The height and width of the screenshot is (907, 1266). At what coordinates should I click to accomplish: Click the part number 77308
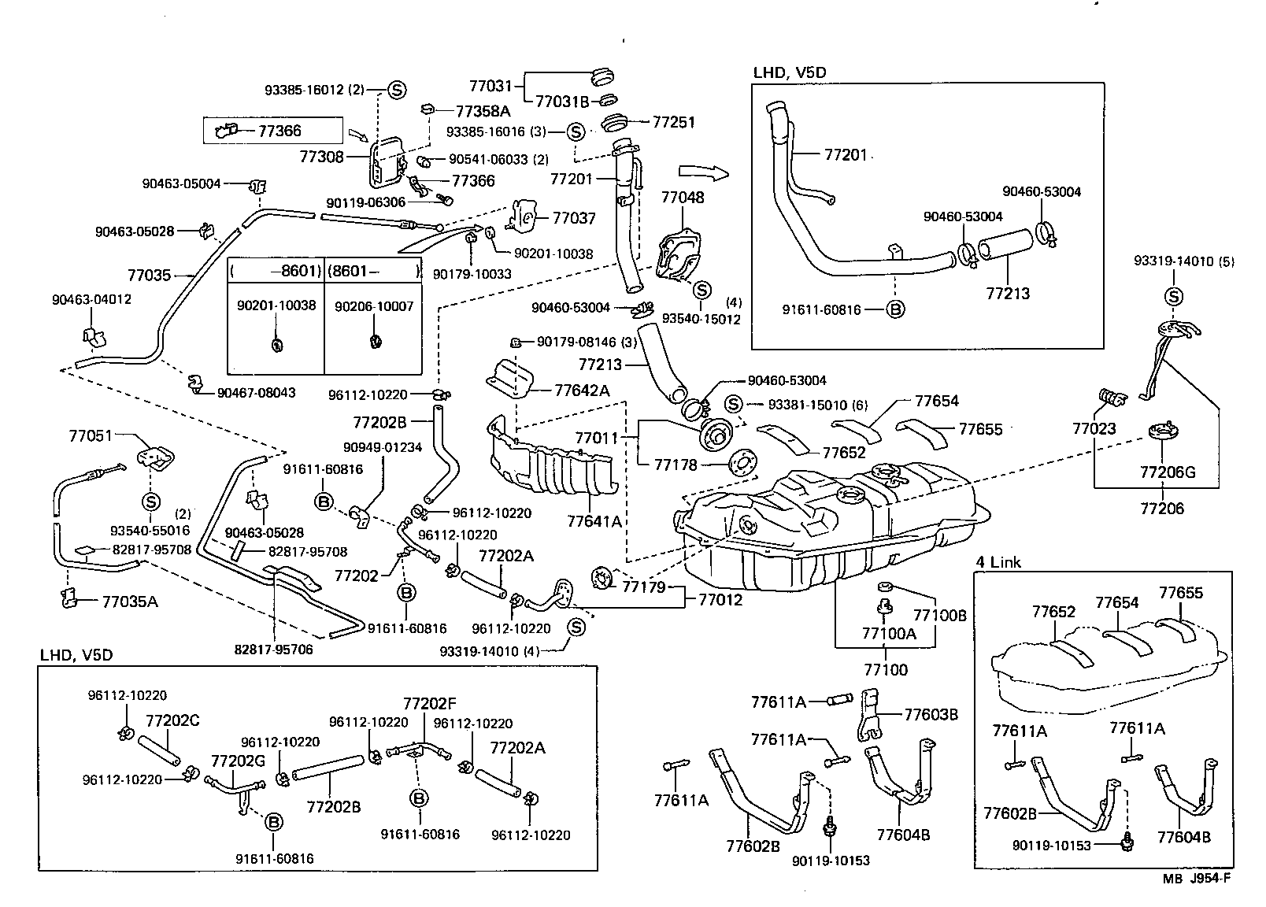(321, 157)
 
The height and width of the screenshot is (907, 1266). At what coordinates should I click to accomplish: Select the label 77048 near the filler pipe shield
(683, 198)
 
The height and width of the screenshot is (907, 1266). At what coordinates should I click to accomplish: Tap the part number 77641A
(594, 521)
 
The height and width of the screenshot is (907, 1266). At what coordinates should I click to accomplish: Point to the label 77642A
(582, 391)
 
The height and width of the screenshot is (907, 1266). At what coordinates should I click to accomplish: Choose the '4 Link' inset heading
(998, 562)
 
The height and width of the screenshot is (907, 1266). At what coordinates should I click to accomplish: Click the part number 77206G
(1168, 472)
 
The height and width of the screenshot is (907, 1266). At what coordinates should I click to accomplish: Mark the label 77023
(1094, 429)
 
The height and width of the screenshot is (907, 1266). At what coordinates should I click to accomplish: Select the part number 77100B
(939, 616)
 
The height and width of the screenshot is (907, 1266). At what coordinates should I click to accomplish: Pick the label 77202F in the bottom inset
(430, 703)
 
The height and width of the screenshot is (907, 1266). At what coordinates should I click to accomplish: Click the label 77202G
(238, 761)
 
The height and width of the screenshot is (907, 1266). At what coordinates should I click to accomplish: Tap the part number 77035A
(130, 602)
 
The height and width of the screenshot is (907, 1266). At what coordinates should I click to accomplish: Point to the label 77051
(91, 435)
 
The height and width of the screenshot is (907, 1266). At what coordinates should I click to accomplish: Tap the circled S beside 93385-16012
(396, 90)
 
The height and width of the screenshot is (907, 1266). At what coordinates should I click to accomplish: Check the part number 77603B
(931, 715)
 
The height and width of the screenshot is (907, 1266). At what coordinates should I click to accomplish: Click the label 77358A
(483, 111)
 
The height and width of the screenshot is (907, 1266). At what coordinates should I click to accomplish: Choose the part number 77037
(574, 218)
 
